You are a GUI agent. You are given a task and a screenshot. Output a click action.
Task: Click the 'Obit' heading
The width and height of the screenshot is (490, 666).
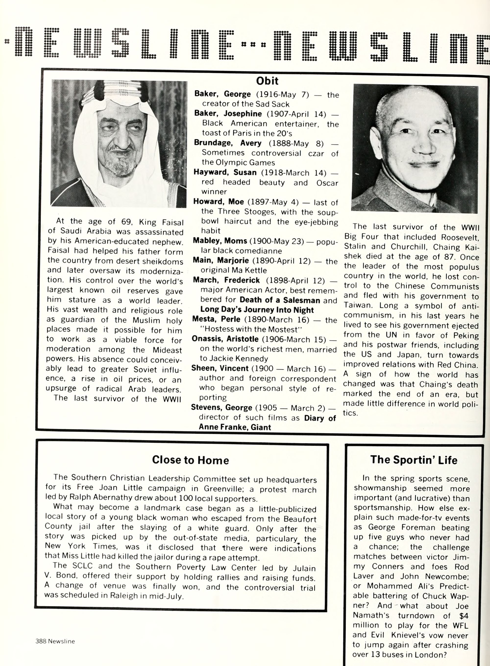267,81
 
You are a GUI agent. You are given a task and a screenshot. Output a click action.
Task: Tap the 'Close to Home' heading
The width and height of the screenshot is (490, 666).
190,460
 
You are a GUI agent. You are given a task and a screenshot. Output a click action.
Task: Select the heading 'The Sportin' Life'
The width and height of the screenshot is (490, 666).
414,460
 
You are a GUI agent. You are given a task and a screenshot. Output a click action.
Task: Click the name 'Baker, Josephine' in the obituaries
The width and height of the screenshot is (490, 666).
228,114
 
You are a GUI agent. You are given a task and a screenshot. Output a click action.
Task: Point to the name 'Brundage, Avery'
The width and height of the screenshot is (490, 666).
228,143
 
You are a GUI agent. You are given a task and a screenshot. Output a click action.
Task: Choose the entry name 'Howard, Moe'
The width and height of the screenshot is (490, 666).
218,201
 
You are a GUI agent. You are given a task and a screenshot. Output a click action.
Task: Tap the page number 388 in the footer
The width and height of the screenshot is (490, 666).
41,641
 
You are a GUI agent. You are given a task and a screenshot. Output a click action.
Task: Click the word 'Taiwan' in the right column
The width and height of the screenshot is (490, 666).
357,305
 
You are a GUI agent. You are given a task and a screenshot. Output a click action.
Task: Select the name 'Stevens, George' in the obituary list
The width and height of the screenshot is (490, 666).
221,407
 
